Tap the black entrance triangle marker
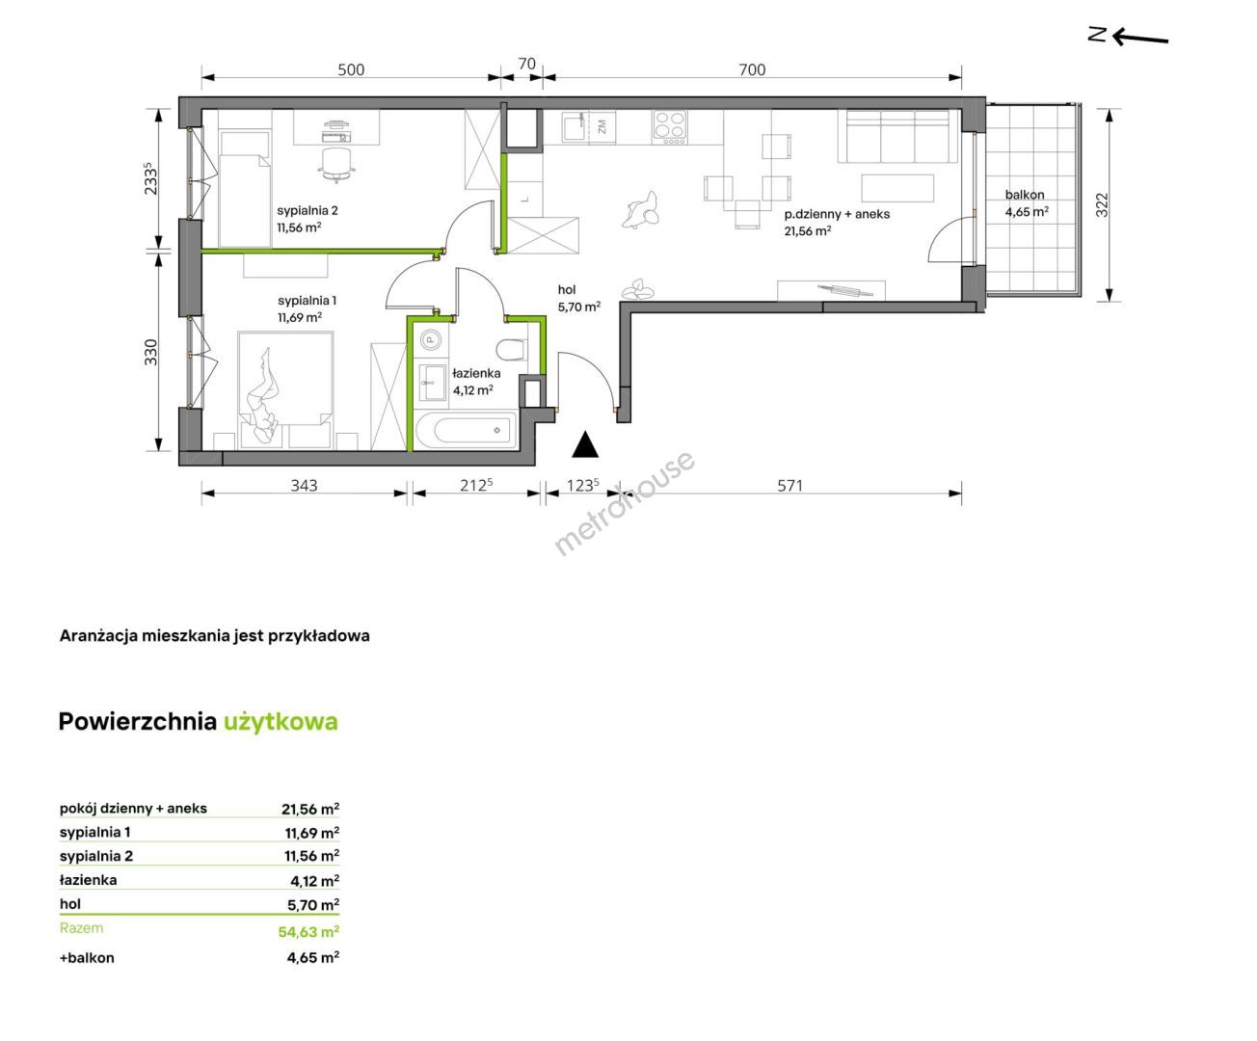coord(584,444)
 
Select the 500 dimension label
coord(351,69)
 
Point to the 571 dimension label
coord(789,485)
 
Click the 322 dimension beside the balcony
coord(1101,204)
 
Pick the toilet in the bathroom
coord(512,349)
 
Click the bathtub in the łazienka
coord(466,430)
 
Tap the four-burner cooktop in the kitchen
coord(669,127)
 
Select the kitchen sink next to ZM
coord(575,126)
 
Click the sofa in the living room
coord(897,136)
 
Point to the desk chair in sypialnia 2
coord(335,164)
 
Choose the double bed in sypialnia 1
coord(285,389)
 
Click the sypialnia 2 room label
coord(308,211)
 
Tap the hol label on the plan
coord(567,290)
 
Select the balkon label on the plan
coord(1025,195)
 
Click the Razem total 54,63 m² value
coord(308,932)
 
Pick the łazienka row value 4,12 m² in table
coord(315,881)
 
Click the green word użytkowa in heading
coord(281,723)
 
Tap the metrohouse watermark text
coord(625,503)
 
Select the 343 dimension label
coord(304,485)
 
